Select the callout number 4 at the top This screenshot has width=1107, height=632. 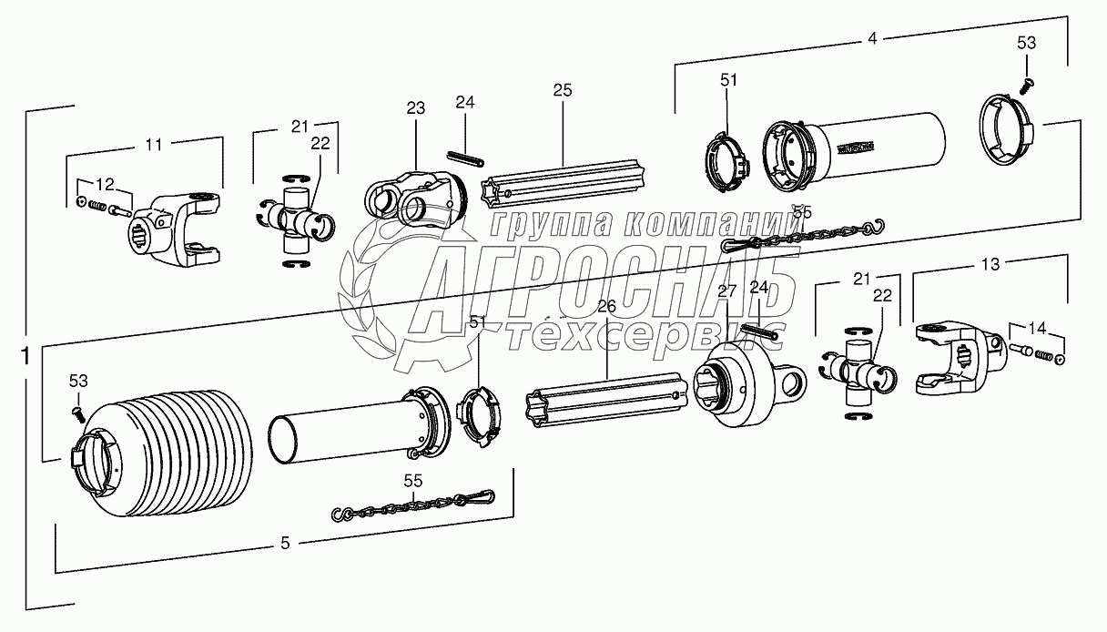[x=872, y=38]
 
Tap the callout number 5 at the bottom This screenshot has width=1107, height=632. [x=285, y=544]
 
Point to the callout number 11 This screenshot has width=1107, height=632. [x=154, y=143]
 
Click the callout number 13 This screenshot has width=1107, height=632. [x=990, y=264]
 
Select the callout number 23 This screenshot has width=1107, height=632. [x=415, y=107]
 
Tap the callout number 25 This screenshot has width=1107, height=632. [x=562, y=89]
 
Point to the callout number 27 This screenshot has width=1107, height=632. [x=726, y=291]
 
